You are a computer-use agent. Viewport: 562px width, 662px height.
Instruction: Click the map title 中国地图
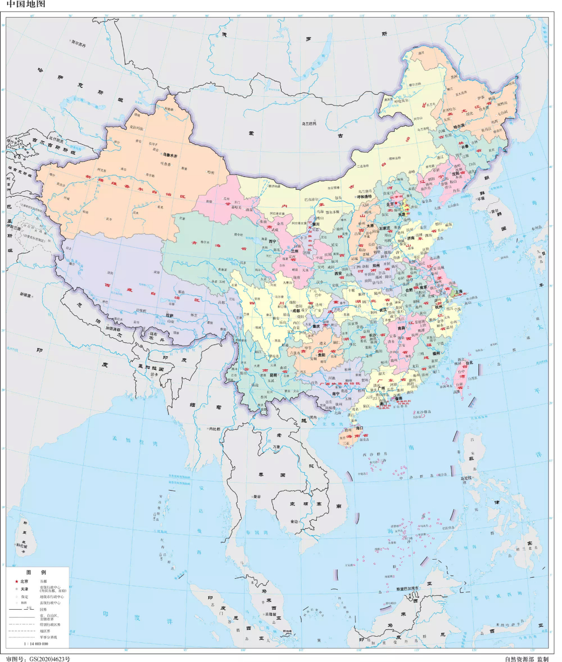[26, 4]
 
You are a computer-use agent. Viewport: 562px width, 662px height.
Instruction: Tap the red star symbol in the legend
[17, 581]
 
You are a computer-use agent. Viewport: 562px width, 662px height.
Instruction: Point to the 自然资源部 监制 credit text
[526, 658]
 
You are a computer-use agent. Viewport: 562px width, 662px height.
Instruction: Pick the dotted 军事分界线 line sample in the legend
[21, 637]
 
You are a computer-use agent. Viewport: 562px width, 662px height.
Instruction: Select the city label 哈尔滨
[459, 126]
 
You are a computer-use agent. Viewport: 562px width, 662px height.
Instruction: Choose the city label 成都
[296, 311]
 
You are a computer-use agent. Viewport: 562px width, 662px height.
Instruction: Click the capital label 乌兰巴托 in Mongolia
[309, 123]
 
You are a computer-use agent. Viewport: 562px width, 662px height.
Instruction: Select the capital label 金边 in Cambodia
[294, 521]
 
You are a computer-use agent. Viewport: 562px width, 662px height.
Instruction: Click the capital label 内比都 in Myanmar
[214, 429]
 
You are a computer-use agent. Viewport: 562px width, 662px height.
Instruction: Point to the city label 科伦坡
[21, 545]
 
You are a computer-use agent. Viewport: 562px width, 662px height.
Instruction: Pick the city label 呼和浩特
[365, 197]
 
